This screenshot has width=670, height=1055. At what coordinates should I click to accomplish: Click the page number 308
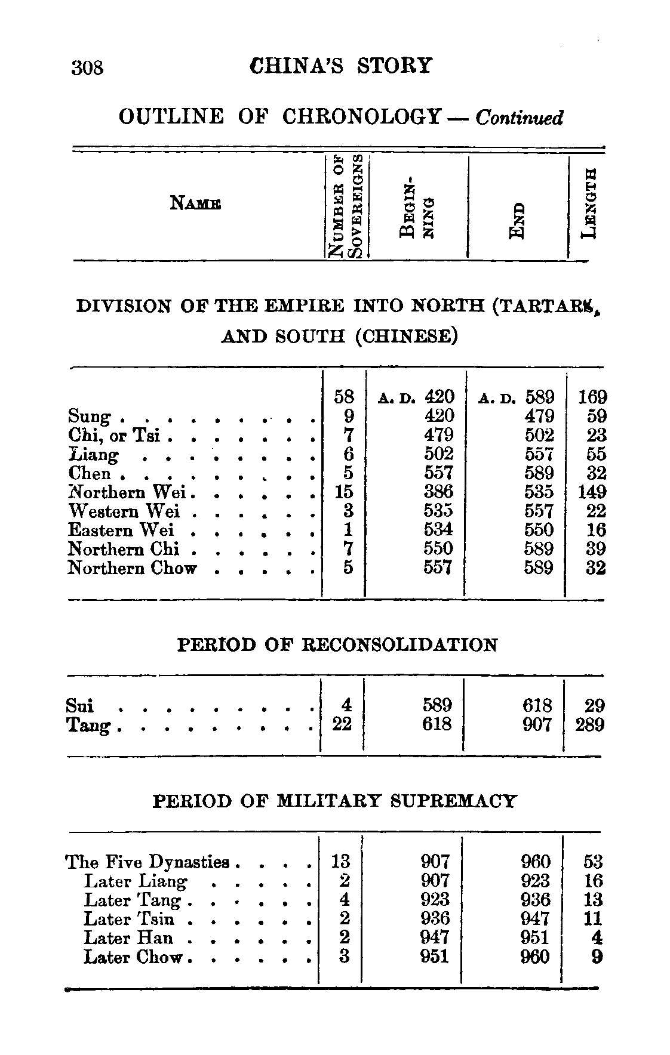click(87, 67)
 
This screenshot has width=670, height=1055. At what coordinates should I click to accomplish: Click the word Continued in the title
click(519, 118)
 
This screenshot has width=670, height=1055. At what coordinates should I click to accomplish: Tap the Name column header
click(195, 203)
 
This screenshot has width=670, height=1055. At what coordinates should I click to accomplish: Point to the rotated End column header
click(518, 221)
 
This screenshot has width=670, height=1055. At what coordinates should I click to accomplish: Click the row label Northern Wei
click(128, 492)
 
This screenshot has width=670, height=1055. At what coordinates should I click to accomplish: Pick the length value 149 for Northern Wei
click(591, 492)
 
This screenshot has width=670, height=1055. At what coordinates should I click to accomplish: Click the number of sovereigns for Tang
click(342, 724)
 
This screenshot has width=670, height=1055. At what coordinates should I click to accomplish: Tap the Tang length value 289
click(589, 725)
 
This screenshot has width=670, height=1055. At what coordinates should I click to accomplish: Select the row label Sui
click(80, 706)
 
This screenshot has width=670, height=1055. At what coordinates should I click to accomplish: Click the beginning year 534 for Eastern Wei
click(438, 530)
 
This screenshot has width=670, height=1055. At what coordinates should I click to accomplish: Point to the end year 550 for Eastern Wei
click(539, 530)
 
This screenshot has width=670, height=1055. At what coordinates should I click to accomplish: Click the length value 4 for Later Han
click(595, 938)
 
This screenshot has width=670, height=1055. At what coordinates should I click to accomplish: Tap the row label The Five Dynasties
click(147, 862)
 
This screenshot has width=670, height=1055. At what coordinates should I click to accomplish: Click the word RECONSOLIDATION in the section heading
click(399, 646)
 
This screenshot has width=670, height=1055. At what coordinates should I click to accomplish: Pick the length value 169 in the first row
click(591, 397)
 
